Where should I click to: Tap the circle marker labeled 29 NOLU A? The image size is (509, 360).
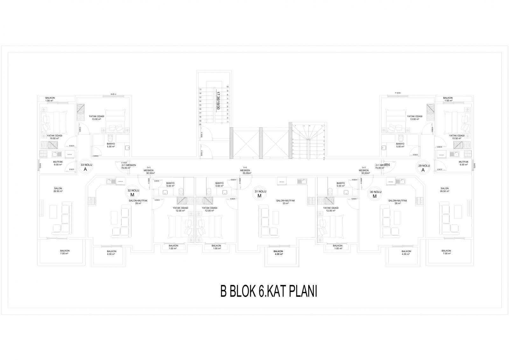(423, 168)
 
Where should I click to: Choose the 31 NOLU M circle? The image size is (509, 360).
(259, 194)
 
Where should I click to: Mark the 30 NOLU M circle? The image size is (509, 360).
(375, 194)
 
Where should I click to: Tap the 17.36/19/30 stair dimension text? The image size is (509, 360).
(218, 101)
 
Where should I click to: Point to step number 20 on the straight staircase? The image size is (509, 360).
(200, 125)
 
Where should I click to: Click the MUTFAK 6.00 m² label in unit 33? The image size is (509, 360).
(58, 163)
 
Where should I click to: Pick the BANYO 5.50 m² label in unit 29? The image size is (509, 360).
(400, 145)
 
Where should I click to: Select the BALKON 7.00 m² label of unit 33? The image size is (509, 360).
(65, 252)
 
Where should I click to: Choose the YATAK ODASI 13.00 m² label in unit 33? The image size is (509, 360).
(96, 118)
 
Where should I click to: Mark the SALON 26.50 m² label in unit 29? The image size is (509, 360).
(444, 190)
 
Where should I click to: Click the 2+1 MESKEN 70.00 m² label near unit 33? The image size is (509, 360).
(129, 166)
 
